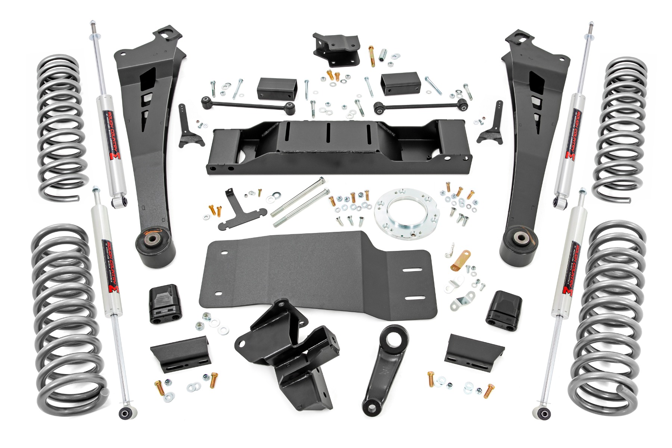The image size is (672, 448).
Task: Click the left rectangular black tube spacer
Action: pos(278,88)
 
